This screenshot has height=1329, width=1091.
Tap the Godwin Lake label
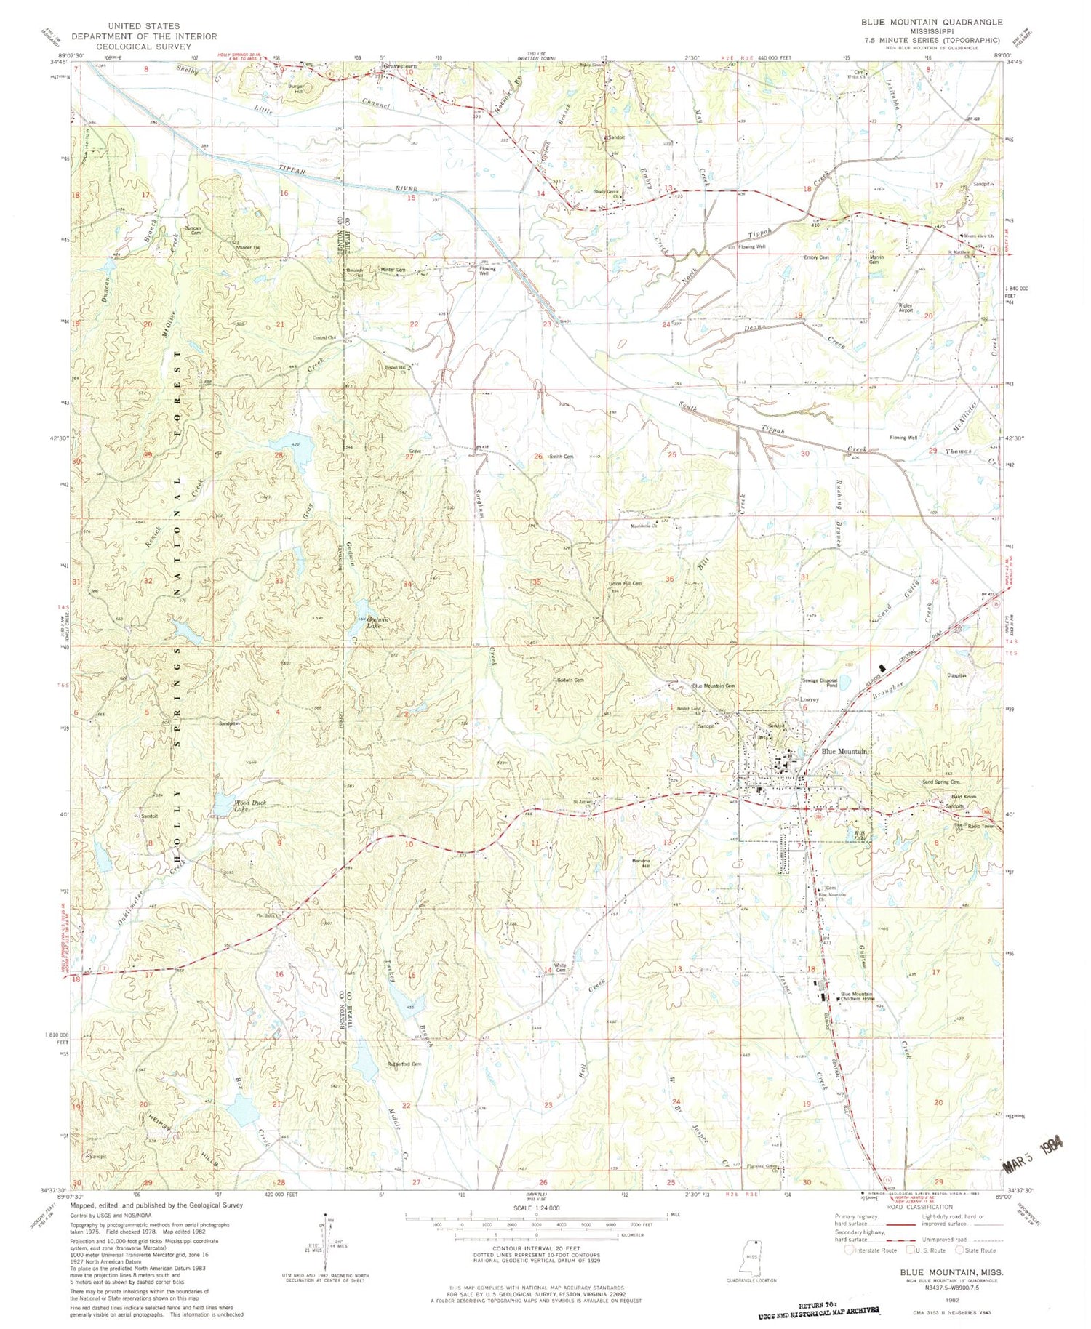(x=374, y=622)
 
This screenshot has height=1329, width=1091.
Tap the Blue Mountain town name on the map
(x=844, y=751)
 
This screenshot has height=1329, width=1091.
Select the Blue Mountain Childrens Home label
(x=856, y=997)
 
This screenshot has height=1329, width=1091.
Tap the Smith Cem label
(x=561, y=457)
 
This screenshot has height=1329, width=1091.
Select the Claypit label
(x=955, y=675)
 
